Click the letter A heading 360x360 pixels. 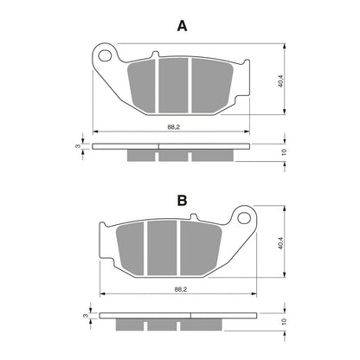click(182, 26)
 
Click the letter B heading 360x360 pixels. click(182, 201)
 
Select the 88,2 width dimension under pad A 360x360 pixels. click(173, 127)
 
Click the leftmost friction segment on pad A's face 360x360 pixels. click(143, 81)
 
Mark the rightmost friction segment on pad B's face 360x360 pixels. click(197, 246)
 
